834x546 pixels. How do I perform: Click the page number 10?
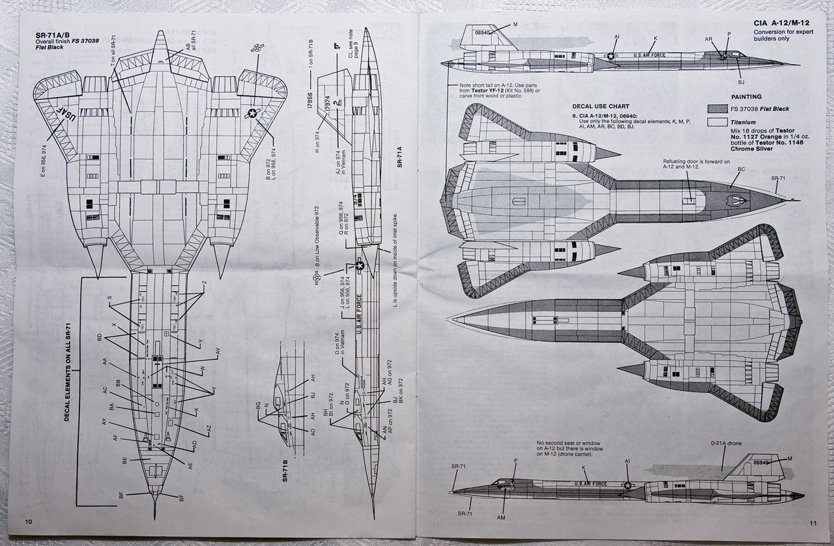pos(29,521)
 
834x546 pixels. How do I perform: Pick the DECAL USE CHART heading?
pos(601,106)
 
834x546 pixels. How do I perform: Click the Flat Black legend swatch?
pos(717,108)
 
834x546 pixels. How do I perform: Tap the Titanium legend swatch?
pos(717,122)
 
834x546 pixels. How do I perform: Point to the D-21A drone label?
pos(725,444)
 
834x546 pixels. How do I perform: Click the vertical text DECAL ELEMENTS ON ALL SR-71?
pos(67,372)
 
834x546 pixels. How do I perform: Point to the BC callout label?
pos(741,169)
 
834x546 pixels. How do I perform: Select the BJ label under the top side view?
pos(741,82)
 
